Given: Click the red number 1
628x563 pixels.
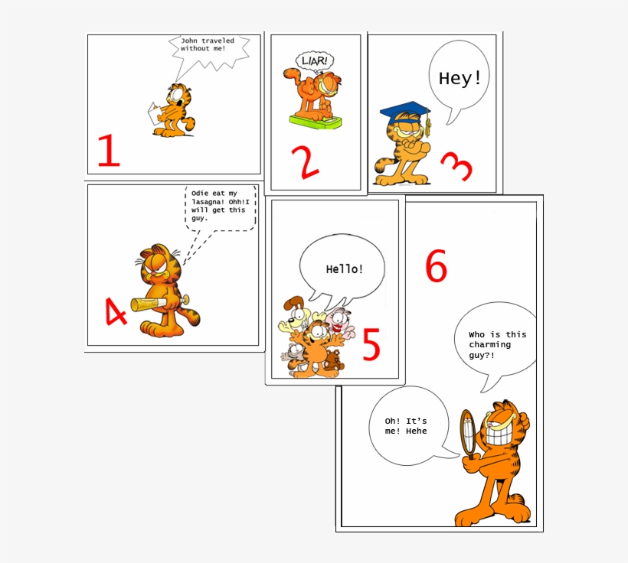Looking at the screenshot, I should (108, 151).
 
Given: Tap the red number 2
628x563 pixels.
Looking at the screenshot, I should (304, 162).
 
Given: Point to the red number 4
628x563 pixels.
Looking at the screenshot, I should (115, 312).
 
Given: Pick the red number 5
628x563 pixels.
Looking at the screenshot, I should (371, 345).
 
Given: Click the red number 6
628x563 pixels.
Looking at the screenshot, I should (436, 267).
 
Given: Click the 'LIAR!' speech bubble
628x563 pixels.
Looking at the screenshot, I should (315, 60).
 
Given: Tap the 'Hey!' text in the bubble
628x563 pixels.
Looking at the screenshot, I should (460, 78).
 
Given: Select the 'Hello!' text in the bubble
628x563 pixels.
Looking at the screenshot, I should (345, 269).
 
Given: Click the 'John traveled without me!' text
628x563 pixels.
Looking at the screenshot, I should (207, 44).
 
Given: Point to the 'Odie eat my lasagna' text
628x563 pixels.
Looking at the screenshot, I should (219, 206).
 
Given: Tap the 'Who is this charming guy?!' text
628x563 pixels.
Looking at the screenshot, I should (497, 345).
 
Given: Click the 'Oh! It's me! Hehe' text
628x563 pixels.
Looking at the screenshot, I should (406, 426).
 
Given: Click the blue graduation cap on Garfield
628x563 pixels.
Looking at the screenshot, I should (405, 112).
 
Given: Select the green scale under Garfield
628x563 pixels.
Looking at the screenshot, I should (315, 119).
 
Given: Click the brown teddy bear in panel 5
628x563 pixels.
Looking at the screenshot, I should (332, 362).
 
